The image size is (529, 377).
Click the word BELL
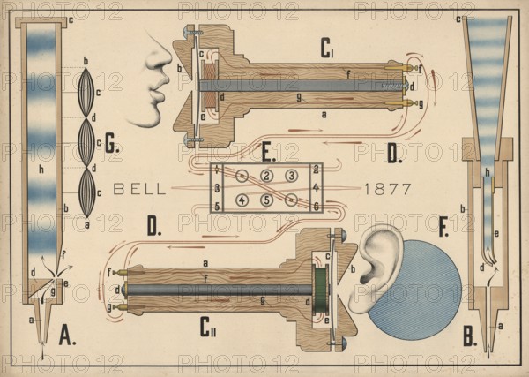point(138,188)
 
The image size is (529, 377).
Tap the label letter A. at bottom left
point(66,336)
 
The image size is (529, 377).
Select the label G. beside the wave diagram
point(111,147)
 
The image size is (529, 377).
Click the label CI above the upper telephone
point(327,50)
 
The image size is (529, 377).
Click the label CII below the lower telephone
point(209,331)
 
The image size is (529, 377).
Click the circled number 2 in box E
point(266,176)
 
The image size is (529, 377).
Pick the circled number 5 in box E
point(266,200)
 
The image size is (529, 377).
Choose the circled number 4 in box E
point(242,200)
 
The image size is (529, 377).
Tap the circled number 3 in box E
point(291,176)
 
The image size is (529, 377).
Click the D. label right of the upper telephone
point(393,152)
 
